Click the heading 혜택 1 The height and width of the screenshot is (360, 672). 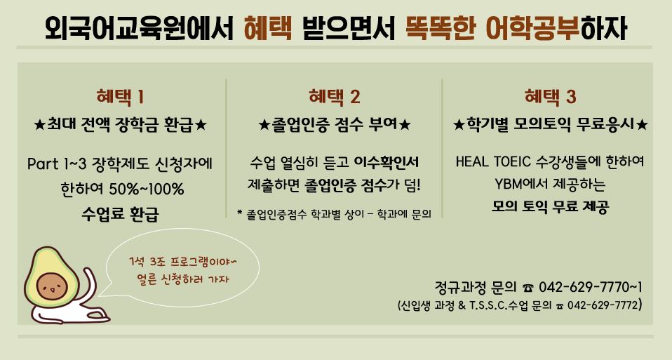(120, 97)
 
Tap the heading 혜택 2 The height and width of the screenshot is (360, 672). (335, 97)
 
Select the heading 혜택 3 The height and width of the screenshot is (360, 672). (550, 97)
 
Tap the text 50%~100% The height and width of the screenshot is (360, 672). (146, 189)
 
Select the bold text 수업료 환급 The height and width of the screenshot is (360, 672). (121, 213)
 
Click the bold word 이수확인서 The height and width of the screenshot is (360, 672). (386, 162)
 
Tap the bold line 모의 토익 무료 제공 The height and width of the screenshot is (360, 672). (550, 206)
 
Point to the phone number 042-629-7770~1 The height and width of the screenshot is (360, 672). (590, 287)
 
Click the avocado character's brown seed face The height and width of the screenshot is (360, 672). (52, 286)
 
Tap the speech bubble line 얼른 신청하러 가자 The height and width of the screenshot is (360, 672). (183, 280)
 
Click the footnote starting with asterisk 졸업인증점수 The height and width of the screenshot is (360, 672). (334, 214)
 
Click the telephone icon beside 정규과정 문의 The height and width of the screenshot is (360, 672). (528, 288)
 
